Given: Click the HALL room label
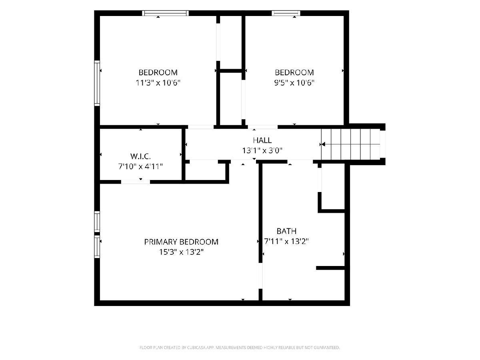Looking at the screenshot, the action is point(262,140).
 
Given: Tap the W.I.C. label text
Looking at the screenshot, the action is point(140,156).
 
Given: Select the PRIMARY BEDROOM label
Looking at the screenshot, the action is point(181,242).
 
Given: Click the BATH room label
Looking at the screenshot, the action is point(286,231).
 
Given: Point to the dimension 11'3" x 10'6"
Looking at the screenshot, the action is point(158,83).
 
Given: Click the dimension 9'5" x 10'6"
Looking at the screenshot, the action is point(294,83).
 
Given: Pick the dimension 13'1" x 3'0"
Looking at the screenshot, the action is point(262,151).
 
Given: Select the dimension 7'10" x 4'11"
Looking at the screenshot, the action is point(140,166).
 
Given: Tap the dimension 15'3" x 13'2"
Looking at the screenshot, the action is point(181,252).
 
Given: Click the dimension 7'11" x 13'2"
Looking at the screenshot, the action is point(286,241).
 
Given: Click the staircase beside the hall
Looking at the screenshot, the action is point(350,144).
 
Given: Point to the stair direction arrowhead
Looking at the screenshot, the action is point(323,144).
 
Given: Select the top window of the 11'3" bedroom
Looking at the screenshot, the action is point(165,13).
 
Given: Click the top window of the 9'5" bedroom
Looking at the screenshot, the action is point(286,13).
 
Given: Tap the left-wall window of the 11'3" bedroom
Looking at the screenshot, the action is point(97,83).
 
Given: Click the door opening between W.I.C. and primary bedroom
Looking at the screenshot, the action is point(135,182).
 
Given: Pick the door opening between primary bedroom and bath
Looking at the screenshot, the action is point(260,276).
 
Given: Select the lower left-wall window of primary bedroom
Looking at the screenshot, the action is point(97,246).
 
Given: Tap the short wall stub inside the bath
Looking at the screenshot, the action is point(330,268).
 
